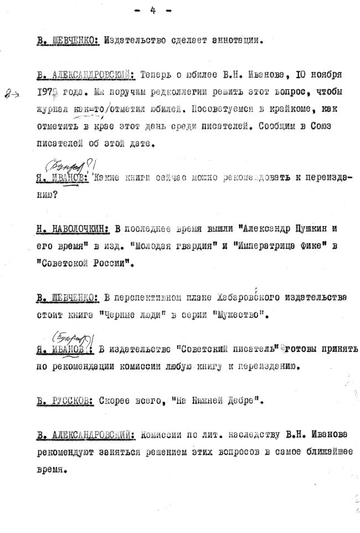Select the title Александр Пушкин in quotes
pyautogui.click(x=284, y=228)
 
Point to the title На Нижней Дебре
pyautogui.click(x=201, y=399)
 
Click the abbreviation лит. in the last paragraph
pyautogui.click(x=215, y=434)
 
